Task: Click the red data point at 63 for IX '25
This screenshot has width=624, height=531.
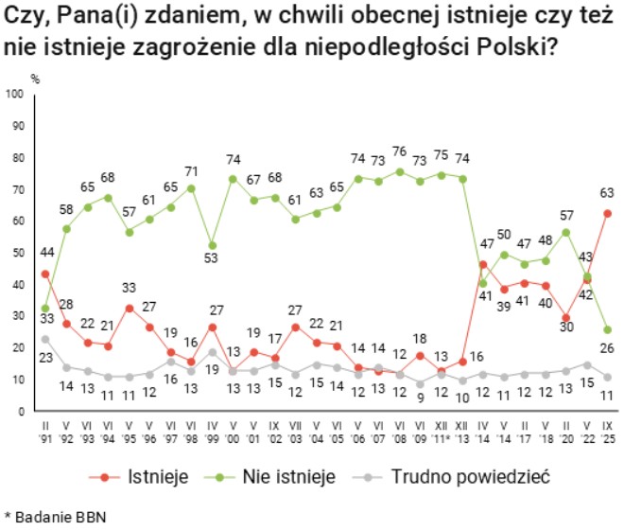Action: (607, 213)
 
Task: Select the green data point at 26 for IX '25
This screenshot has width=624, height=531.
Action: (607, 329)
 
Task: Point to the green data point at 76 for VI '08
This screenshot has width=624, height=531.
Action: (400, 171)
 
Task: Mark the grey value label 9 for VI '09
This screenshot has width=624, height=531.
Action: (421, 398)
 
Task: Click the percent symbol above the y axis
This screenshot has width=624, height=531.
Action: (35, 79)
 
